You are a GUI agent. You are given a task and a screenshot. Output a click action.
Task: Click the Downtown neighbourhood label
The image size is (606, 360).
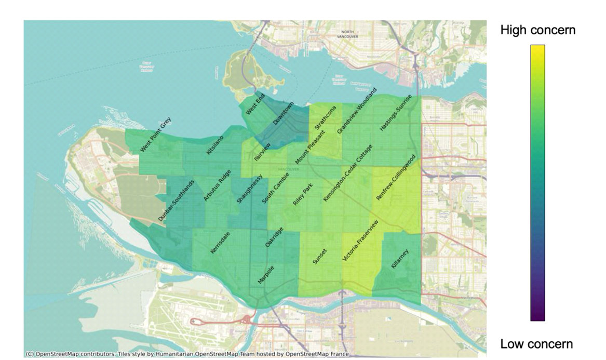click(x=283, y=114)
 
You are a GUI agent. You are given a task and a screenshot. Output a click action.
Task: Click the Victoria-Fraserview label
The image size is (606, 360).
click(x=360, y=240)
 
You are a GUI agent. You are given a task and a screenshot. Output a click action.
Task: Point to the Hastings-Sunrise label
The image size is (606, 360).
click(x=396, y=113)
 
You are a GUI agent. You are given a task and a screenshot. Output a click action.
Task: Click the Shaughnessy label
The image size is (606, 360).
click(x=250, y=189)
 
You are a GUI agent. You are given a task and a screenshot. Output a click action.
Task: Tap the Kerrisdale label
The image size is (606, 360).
click(x=220, y=243)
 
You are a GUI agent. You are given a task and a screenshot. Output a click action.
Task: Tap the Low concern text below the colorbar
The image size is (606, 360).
click(x=536, y=344)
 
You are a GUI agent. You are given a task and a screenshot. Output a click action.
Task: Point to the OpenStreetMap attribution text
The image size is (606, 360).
click(x=187, y=354)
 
